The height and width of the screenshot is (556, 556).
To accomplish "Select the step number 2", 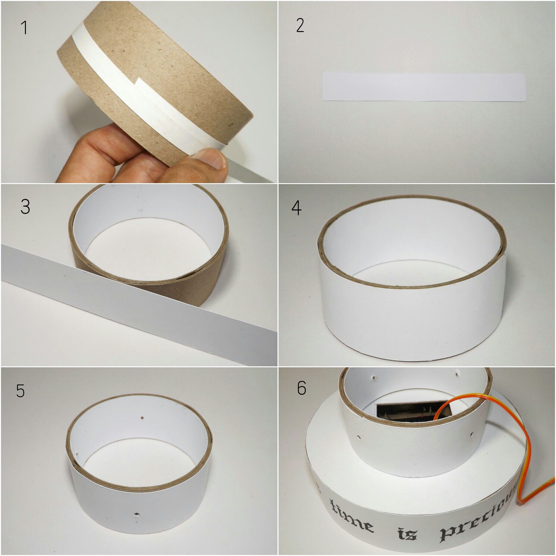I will (300, 26).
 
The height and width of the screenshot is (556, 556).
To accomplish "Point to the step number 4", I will (296, 208).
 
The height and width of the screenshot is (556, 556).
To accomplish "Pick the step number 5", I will (20, 390).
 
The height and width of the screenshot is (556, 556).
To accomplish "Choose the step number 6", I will (301, 388).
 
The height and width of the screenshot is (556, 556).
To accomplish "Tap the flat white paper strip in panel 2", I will (423, 87).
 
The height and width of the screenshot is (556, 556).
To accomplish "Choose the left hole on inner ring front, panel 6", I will (359, 446).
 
